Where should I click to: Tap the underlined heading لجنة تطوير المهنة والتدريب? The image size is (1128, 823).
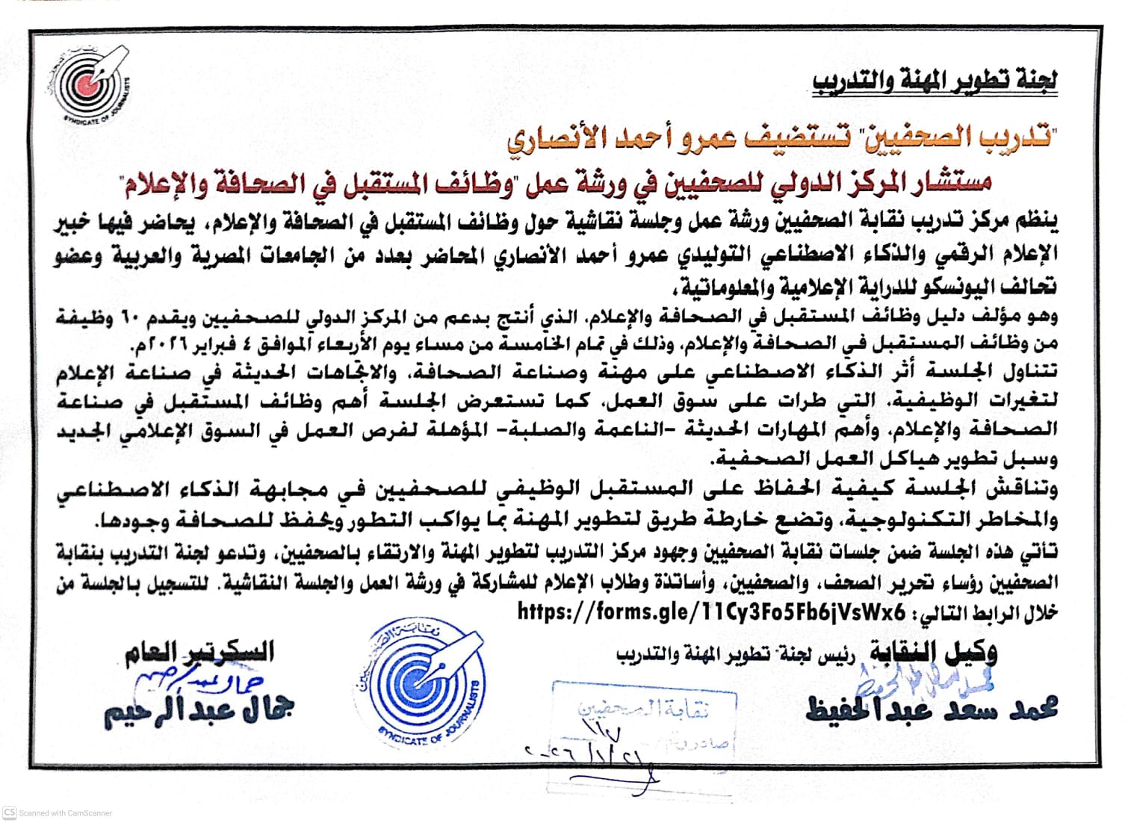coord(935,81)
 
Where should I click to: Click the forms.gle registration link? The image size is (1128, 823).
coord(711,612)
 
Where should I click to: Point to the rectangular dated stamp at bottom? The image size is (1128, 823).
coord(642,717)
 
